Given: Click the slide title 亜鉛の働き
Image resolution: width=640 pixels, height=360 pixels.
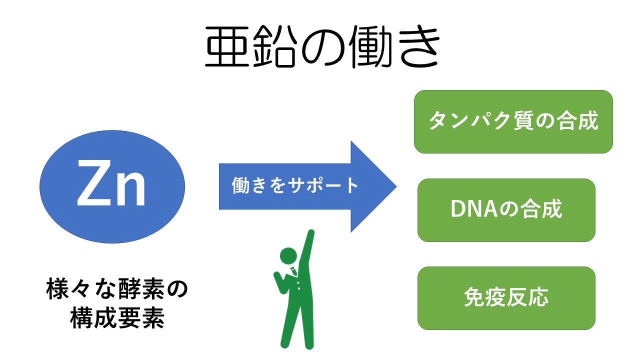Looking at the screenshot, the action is click(x=322, y=47).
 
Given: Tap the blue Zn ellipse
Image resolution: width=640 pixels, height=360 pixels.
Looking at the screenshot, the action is click(x=112, y=187).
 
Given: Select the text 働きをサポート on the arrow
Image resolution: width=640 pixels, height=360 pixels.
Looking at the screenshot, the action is click(x=294, y=185).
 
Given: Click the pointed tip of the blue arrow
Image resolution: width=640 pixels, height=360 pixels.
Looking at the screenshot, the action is click(x=396, y=186).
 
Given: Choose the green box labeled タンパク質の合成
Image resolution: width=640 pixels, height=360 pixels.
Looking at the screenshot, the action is click(x=513, y=121).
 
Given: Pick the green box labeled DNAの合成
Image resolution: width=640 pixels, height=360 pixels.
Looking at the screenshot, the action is click(x=506, y=210).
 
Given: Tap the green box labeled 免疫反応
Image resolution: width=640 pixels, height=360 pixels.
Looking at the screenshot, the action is click(x=506, y=298).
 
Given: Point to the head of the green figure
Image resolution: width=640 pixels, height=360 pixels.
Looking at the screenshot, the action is click(x=288, y=256).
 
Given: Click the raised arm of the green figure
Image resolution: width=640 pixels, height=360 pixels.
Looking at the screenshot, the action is click(x=306, y=248).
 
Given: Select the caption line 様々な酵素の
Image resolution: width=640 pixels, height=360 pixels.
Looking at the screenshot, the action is click(x=117, y=289).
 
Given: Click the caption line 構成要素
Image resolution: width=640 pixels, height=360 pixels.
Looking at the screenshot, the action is click(x=117, y=317).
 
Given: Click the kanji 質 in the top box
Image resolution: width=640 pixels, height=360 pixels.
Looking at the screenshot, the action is click(x=523, y=120).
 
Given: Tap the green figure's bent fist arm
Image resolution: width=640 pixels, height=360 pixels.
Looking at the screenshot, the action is click(x=281, y=282).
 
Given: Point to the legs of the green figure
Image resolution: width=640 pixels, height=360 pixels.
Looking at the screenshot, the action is click(x=297, y=325).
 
